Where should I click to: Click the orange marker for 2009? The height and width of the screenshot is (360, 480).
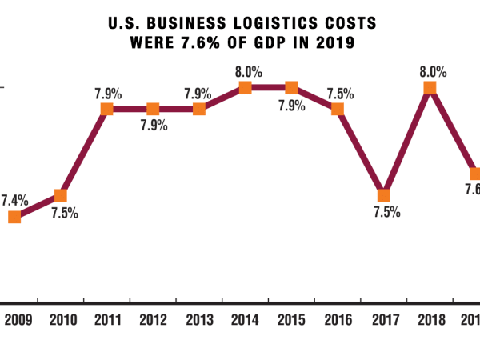tap(14, 217)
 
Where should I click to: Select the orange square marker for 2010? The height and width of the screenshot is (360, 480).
tap(61, 195)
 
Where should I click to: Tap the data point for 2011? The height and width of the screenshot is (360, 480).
tap(106, 109)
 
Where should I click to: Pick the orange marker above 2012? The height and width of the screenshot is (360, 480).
tap(153, 109)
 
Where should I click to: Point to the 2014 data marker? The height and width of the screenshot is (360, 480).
tap(246, 87)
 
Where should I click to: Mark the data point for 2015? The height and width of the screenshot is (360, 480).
tap(291, 87)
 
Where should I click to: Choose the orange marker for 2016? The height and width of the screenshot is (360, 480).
tap(338, 109)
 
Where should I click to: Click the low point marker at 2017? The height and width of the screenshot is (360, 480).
tap(384, 195)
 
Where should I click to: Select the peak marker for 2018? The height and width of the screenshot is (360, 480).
tap(430, 87)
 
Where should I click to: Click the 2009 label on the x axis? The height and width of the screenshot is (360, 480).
tap(18, 321)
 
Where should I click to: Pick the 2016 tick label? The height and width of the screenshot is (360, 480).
tap(338, 321)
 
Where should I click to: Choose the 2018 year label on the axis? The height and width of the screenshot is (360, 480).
tap(429, 321)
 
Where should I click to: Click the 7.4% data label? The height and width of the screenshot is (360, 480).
tap(16, 198)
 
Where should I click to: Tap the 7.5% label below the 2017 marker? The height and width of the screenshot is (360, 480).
tap(386, 213)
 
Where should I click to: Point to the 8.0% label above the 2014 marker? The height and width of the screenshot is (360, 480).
tap(248, 71)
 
